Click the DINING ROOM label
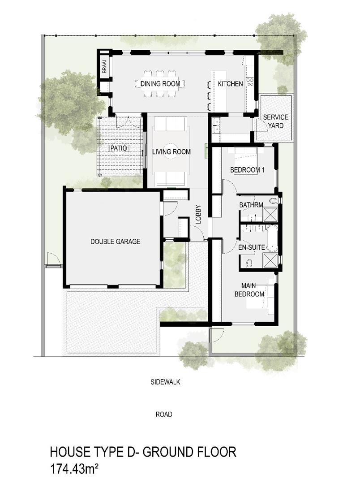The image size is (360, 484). tap(160, 84)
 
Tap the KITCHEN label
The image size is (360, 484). tap(230, 84)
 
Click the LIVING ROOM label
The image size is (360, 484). tap(171, 152)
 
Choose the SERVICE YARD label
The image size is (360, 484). tap(275, 121)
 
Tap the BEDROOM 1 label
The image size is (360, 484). tap(248, 170)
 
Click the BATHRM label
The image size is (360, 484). tap(249, 205)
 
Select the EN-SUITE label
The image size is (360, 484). tap(251, 247)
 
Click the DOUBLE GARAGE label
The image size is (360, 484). tap(115, 242)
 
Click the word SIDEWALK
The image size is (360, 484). tap(165, 382)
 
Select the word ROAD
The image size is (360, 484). tap(164, 415)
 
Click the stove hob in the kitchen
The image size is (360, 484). tap(250, 82)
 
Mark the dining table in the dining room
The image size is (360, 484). tap(160, 84)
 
